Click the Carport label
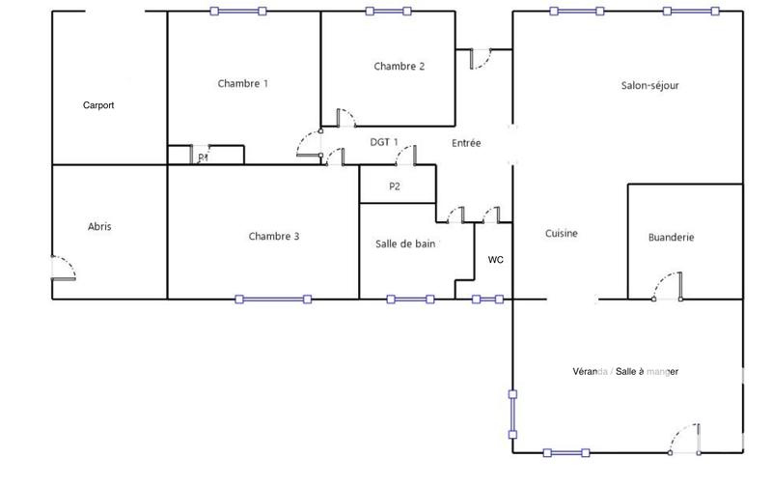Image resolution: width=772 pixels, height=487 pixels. coord(98,105)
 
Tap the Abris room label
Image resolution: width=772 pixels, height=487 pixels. coord(99,226)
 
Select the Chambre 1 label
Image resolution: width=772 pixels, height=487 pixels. coord(243,84)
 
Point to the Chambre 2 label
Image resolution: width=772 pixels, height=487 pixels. coord(399,67)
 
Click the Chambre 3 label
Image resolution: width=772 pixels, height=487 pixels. coord(273,236)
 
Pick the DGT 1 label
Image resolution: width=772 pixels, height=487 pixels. coord(384,142)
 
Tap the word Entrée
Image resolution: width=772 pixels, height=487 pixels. coord(466,143)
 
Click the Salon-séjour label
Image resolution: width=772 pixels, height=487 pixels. coord(649,85)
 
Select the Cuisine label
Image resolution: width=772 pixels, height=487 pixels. coord(562,233)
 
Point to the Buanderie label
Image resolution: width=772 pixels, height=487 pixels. coord(671,237)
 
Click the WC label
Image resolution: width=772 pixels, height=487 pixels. coord(495,260)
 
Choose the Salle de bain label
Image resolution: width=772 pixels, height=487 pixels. coord(405,244)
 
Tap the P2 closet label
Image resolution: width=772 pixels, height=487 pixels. coord(395,186)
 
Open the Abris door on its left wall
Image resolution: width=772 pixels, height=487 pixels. coord(62,269)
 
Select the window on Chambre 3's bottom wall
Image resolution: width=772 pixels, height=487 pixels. coord(273,299)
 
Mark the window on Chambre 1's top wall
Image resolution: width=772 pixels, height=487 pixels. coord(237,12)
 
